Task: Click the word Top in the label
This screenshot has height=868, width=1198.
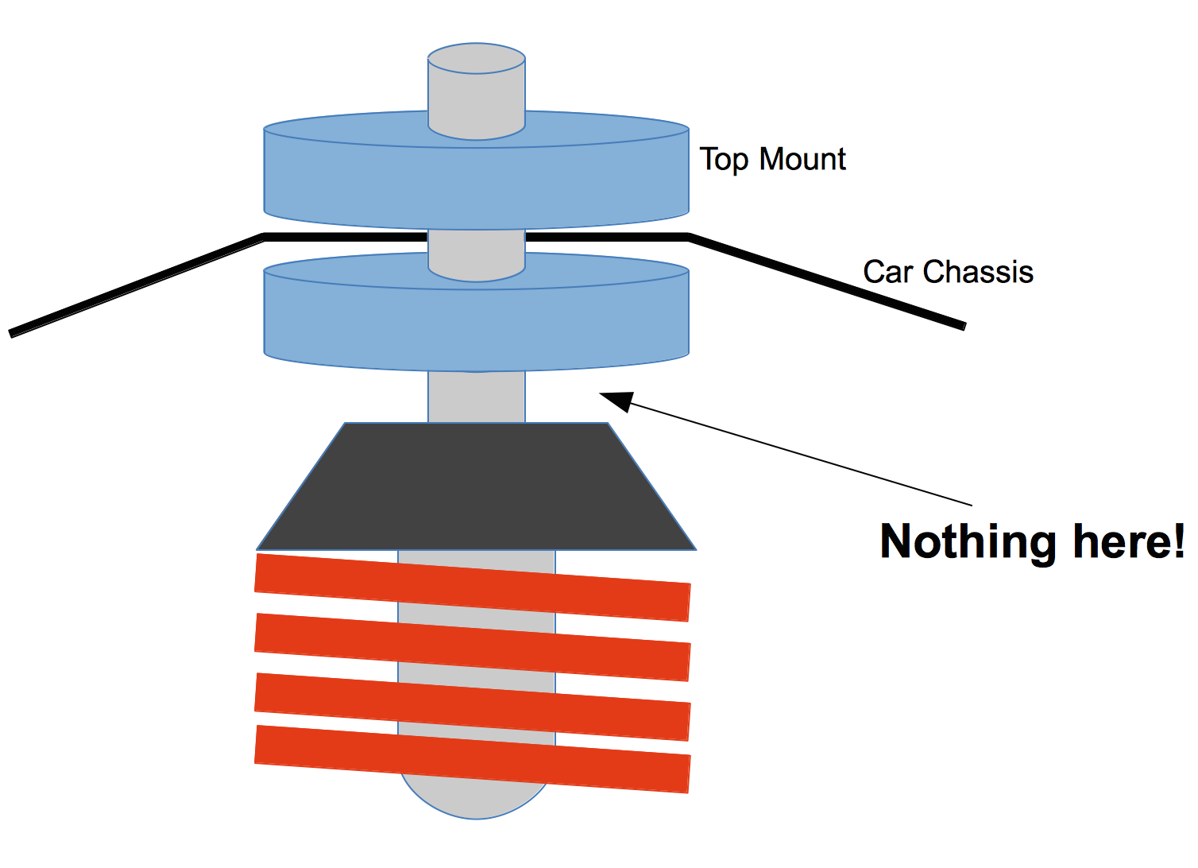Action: [x=723, y=160]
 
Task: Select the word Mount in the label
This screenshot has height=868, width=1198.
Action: [x=803, y=159]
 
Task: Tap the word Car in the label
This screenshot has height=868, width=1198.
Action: [x=888, y=272]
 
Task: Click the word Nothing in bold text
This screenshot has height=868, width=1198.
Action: [x=968, y=542]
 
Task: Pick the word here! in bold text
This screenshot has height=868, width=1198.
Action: [x=1128, y=542]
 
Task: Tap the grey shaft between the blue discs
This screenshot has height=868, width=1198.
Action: [x=477, y=246]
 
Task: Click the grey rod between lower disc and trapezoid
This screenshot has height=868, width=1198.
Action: [x=477, y=397]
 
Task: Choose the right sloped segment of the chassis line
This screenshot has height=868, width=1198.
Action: [x=826, y=281]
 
